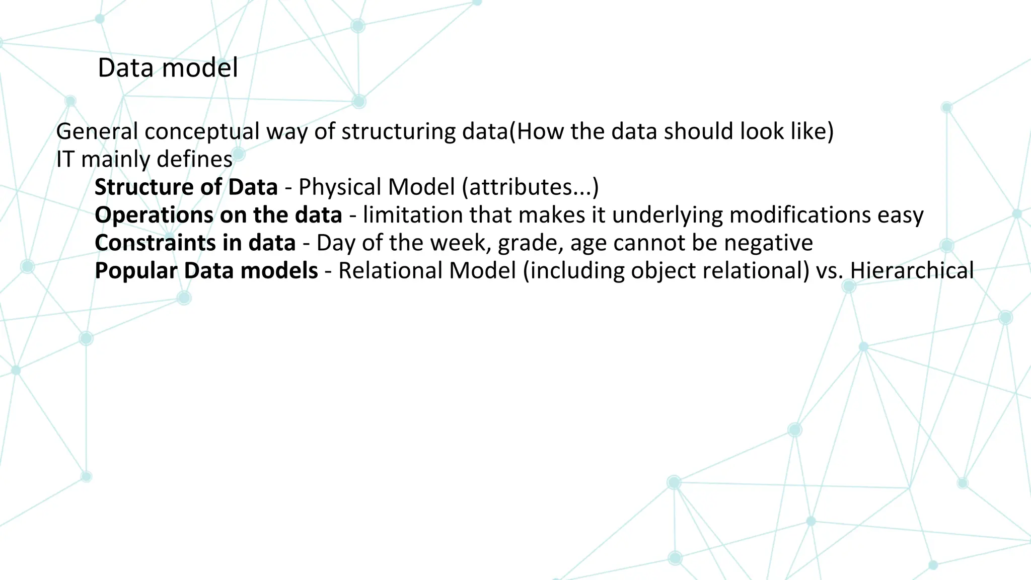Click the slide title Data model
[168, 68]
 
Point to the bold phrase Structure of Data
[186, 187]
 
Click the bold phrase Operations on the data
[218, 215]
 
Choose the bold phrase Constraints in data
[195, 243]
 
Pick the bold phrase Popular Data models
[206, 271]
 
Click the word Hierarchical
[912, 271]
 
